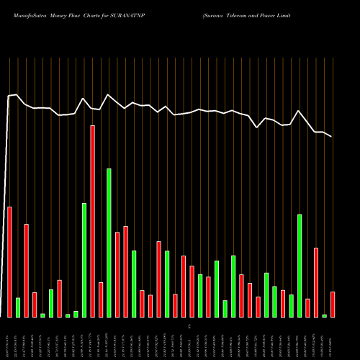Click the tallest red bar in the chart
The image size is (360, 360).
coord(92,221)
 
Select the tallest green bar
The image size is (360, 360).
coord(109,243)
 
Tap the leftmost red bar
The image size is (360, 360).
coord(9,261)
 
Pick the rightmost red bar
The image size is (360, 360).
coord(333,304)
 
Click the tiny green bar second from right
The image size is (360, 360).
coord(324,315)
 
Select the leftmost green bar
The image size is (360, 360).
coord(18,307)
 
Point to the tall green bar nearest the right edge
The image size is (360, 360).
coord(300,265)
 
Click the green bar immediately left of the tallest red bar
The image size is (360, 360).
coord(84,259)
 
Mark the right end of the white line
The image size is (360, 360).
coord(332,137)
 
